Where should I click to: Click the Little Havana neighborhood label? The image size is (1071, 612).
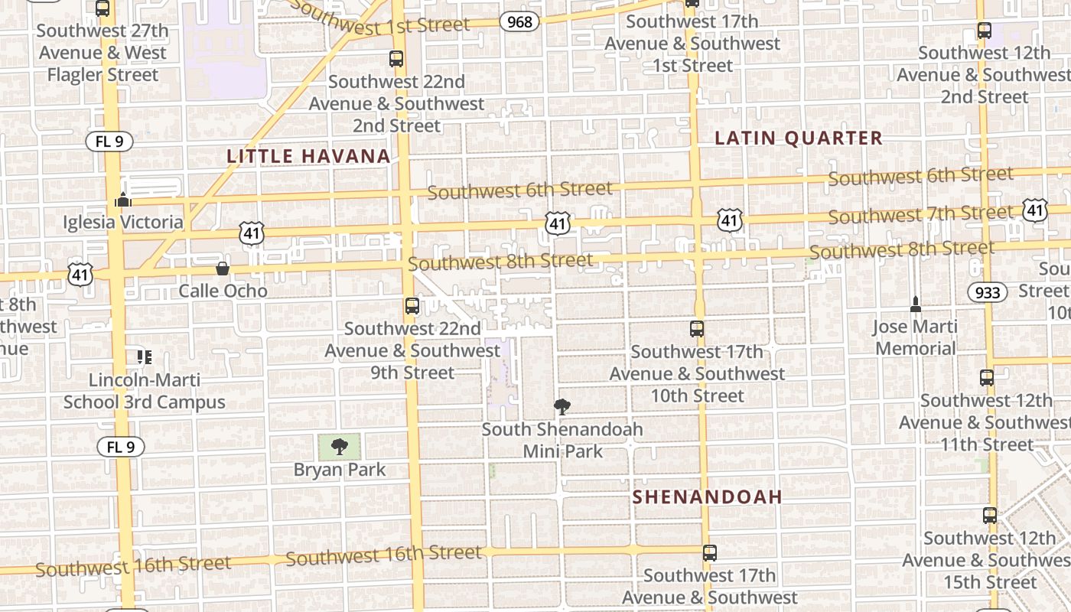[308, 156]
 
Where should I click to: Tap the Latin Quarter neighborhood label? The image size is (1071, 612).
[799, 138]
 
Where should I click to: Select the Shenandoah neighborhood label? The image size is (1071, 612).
[708, 496]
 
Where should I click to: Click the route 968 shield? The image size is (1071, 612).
[519, 21]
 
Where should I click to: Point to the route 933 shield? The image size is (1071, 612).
[988, 291]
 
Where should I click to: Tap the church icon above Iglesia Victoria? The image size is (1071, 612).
[123, 200]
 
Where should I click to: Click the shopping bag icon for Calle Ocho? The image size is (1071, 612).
[223, 269]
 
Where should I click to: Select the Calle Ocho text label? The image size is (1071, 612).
[223, 291]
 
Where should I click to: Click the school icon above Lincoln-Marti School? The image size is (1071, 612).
[145, 357]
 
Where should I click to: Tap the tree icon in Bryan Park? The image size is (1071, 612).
[340, 446]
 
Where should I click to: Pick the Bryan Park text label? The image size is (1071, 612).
[340, 469]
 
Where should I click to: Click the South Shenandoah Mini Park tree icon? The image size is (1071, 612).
[562, 406]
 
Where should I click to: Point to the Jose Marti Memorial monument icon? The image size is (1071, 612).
[916, 304]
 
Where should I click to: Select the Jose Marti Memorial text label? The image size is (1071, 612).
[916, 337]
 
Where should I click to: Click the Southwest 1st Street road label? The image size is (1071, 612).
[380, 19]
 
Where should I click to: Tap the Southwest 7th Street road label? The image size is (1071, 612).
[920, 214]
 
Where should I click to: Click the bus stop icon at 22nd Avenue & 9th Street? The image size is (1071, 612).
[412, 306]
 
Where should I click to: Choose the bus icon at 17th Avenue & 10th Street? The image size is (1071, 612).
[697, 329]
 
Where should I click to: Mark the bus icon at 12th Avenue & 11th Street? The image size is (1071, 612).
[987, 377]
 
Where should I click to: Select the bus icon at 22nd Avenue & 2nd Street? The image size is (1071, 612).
[396, 58]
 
